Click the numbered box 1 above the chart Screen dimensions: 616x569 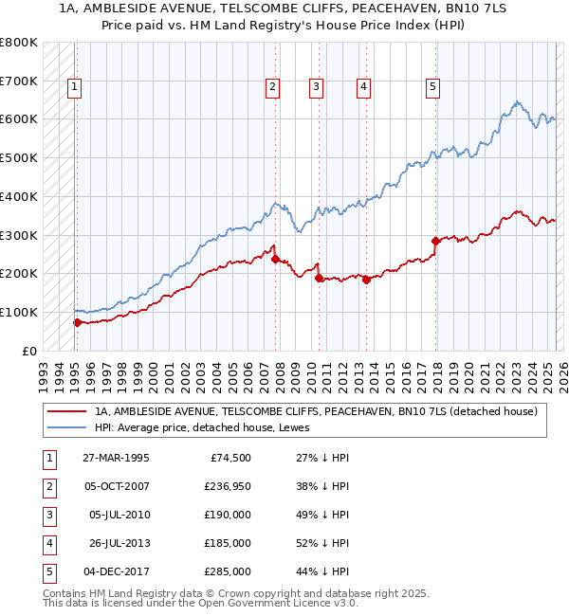coord(74,88)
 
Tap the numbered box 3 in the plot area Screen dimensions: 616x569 coord(316,88)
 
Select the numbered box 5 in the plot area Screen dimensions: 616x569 coord(432,88)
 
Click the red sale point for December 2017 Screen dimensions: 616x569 coord(435,241)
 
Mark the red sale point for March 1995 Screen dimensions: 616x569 coord(77,322)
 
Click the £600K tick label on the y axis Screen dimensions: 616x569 coord(19,119)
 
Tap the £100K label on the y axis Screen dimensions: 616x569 coord(19,312)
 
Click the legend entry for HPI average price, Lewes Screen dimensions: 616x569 coord(209,427)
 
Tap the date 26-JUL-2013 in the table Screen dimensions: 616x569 coord(116,543)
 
